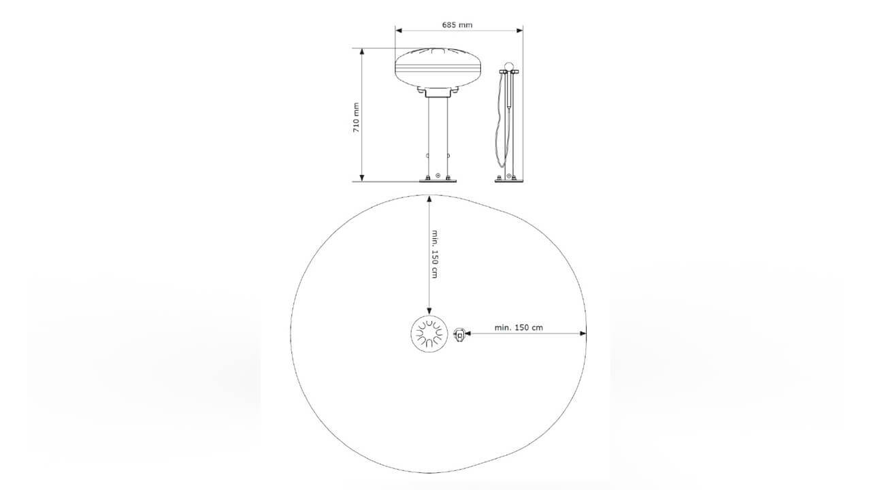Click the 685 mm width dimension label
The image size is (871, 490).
(x=457, y=25)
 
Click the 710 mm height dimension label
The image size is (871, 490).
(x=356, y=118)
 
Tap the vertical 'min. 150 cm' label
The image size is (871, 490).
(x=435, y=254)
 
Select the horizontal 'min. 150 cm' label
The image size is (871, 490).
(x=519, y=327)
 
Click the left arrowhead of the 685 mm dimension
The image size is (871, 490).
(x=399, y=31)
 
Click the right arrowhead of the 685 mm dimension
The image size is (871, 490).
(x=519, y=31)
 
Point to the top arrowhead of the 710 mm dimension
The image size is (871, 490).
(x=362, y=52)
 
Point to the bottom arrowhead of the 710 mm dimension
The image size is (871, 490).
(x=362, y=178)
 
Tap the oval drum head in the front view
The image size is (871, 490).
(x=438, y=68)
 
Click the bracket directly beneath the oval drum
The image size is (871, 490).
(x=438, y=93)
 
